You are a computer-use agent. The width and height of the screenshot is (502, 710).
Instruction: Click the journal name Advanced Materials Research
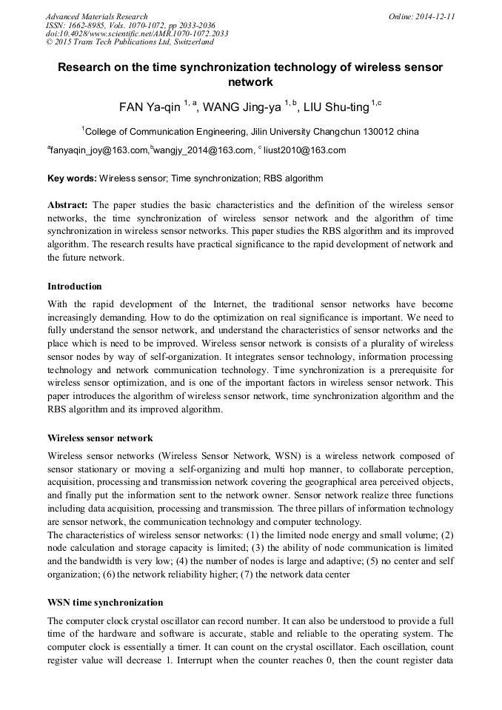click(x=96, y=16)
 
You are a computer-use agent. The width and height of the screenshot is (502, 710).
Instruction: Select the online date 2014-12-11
click(x=435, y=16)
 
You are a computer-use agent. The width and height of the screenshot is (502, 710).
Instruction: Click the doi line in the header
click(x=137, y=34)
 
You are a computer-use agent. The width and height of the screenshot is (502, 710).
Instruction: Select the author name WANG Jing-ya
click(x=241, y=107)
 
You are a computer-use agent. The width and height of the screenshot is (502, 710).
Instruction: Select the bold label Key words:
click(x=72, y=178)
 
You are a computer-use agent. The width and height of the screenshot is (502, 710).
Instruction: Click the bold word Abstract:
click(x=68, y=204)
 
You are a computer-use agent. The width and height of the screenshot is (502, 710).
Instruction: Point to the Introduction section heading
click(x=75, y=287)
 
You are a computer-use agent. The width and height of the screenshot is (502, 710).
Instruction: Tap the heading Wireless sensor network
click(x=100, y=438)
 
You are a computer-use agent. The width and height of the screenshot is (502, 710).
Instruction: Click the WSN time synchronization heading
click(x=105, y=602)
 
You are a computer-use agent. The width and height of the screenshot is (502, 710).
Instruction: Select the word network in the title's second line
click(x=250, y=82)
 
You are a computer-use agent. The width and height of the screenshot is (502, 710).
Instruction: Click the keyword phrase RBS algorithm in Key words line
click(x=294, y=178)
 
